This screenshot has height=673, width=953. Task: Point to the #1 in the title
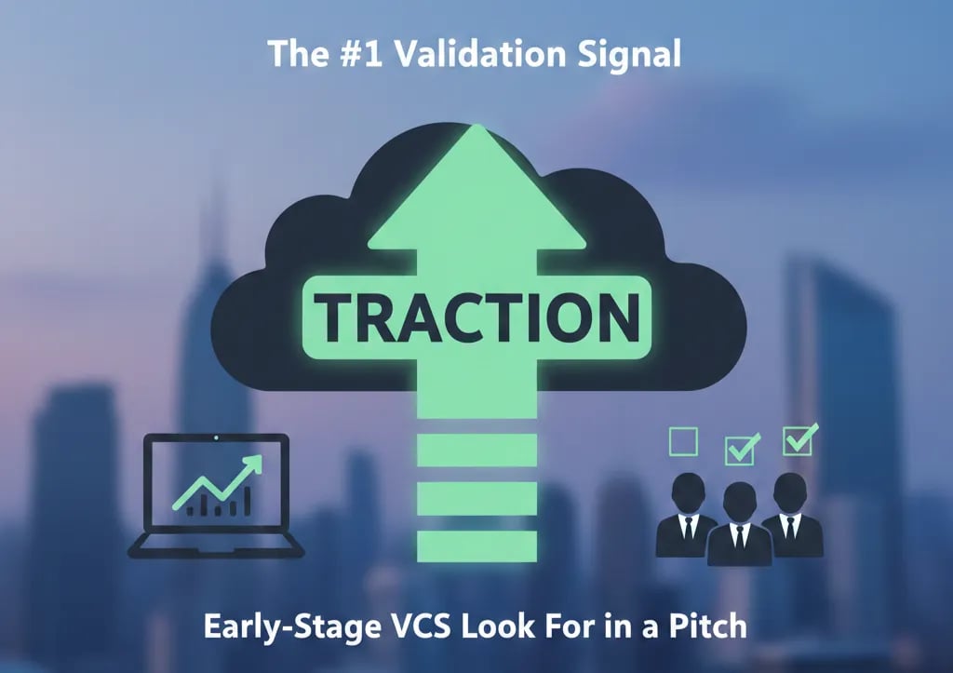357,54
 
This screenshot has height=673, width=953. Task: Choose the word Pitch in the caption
708,626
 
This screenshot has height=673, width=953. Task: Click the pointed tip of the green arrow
477,130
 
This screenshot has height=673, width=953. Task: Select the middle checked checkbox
741,450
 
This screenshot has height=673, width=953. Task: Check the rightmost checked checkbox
799,439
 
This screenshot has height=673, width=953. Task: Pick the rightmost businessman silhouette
791,514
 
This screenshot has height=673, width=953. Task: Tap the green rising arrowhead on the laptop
252,463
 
